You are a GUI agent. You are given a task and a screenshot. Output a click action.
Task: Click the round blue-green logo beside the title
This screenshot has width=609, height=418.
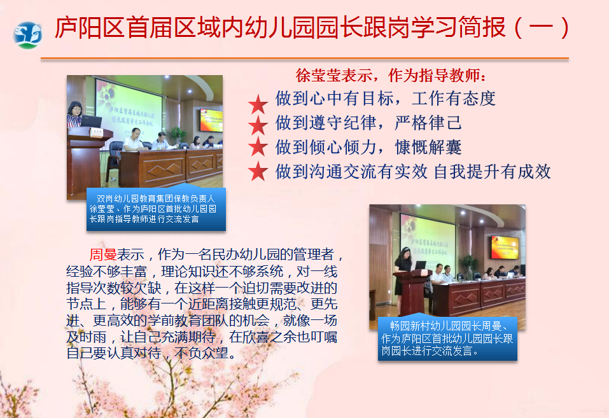[x=27, y=36]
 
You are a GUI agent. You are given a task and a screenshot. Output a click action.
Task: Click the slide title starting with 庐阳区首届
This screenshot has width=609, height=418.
[x=312, y=27]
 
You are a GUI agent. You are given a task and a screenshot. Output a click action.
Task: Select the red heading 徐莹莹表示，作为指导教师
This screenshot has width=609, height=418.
[x=391, y=75]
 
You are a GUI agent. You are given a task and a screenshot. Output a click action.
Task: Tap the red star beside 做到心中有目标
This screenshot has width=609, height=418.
[x=258, y=104]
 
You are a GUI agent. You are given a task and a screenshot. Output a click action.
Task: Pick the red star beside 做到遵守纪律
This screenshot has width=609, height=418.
[x=258, y=125]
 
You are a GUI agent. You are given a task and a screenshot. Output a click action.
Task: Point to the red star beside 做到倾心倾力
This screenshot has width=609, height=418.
[x=258, y=147]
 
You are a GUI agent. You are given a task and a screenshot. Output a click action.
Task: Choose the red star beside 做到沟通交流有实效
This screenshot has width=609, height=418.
[x=258, y=171]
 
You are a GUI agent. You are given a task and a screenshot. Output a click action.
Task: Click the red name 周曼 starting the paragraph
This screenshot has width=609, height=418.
[x=103, y=255]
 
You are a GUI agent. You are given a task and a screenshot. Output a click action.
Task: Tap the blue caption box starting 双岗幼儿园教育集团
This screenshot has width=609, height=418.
[x=156, y=209]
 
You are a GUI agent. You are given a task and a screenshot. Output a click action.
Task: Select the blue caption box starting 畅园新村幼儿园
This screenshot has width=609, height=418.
[x=447, y=338]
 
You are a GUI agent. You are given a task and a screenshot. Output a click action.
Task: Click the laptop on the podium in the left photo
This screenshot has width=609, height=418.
[x=91, y=121]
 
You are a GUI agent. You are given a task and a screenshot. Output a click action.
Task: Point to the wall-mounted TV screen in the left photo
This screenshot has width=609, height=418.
[x=211, y=120]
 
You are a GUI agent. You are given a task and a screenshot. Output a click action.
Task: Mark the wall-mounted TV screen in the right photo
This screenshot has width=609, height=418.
[x=505, y=247]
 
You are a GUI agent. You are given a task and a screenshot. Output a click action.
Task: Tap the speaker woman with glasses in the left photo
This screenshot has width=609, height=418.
[x=74, y=115]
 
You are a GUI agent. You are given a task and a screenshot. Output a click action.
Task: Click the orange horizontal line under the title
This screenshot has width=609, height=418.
[x=304, y=59]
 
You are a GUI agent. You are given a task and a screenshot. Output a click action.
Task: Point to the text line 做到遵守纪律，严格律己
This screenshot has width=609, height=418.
[x=368, y=123]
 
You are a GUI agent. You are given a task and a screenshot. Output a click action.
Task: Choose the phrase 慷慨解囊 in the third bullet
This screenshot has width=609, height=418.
[x=428, y=148]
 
